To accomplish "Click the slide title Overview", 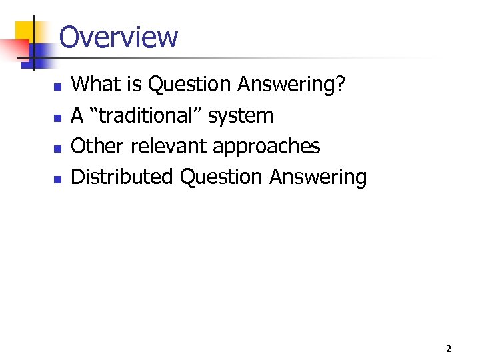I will (x=119, y=37).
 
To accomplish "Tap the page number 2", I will (x=448, y=349).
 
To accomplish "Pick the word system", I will (x=241, y=116).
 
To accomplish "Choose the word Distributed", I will (x=123, y=177).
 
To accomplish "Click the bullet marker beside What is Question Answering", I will (x=57, y=87).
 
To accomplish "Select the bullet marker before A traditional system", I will (x=57, y=117).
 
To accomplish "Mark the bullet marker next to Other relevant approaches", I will (x=57, y=148).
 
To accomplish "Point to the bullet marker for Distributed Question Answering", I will (x=57, y=179).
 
